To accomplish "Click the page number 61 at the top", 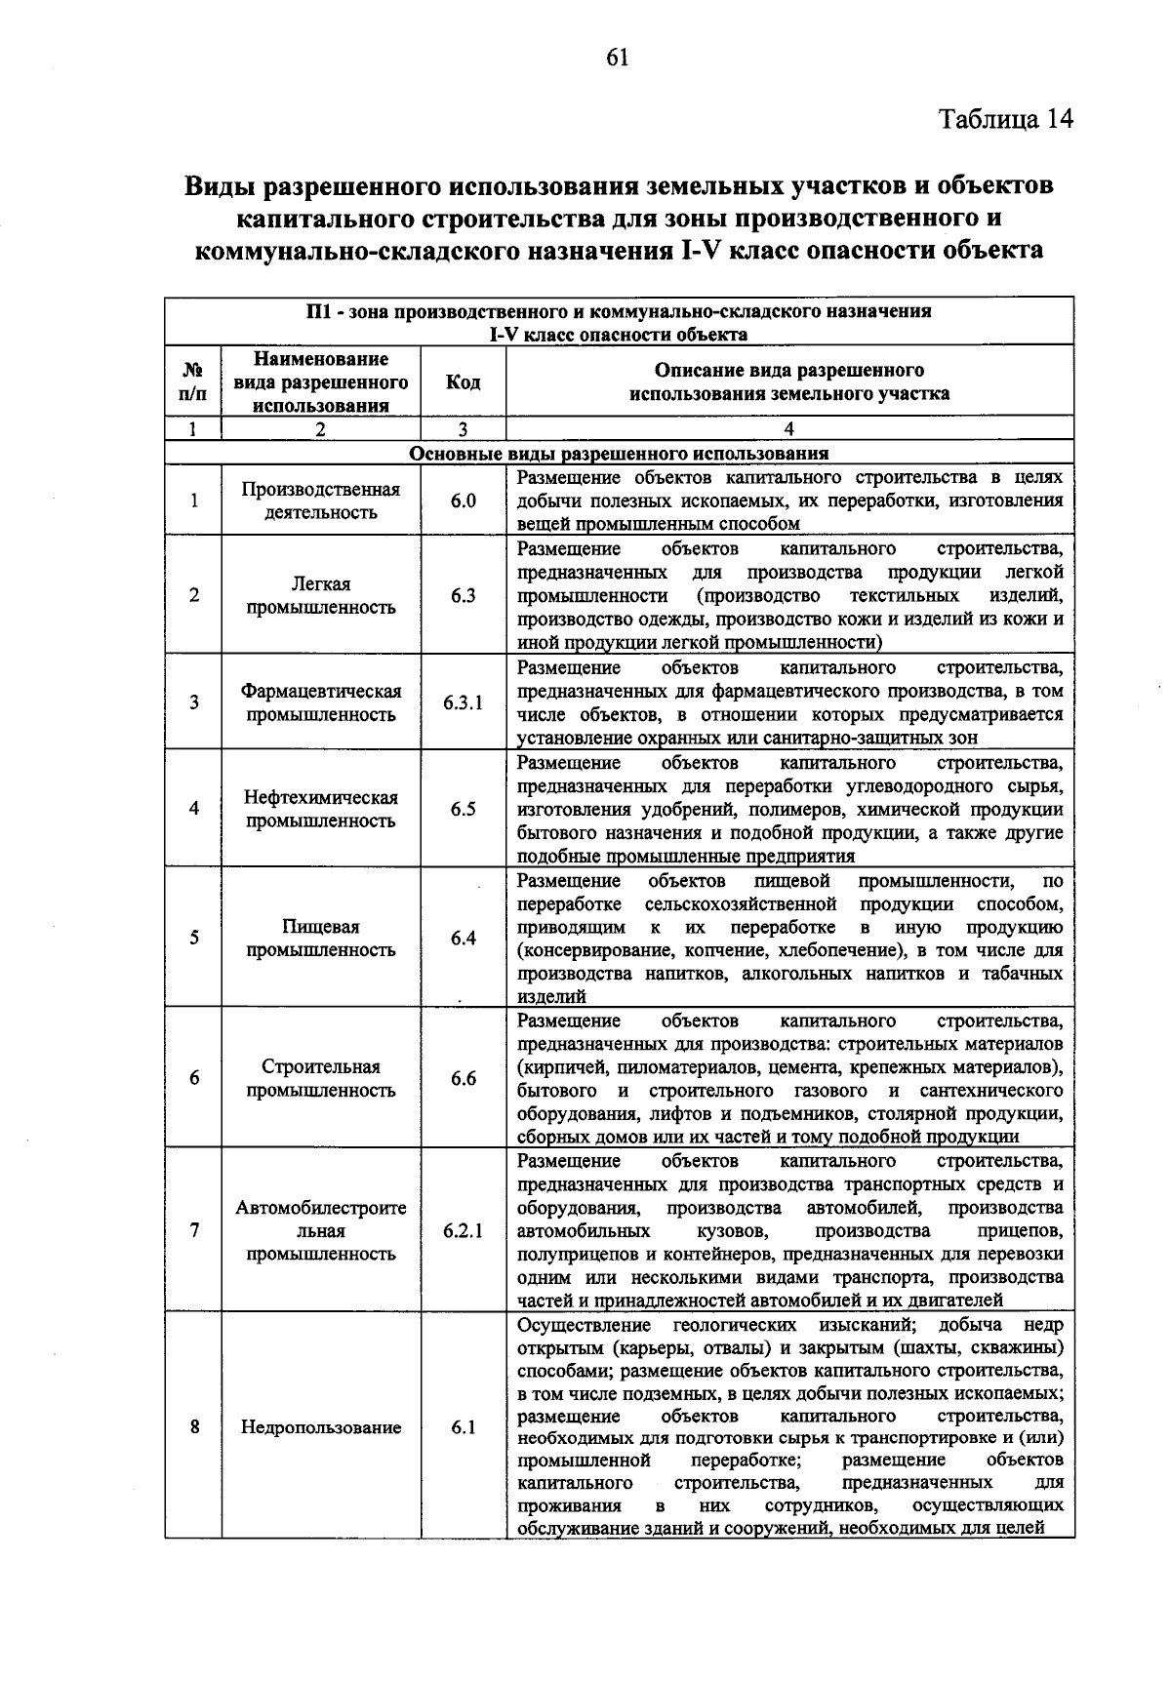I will pyautogui.click(x=617, y=58).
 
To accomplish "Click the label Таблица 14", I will pyautogui.click(x=1005, y=119).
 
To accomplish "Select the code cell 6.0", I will pyautogui.click(x=463, y=501).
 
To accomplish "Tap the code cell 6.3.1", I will pyautogui.click(x=463, y=702).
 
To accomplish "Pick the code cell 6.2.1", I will pyautogui.click(x=463, y=1231).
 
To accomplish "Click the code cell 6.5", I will pyautogui.click(x=463, y=809).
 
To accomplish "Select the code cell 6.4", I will pyautogui.click(x=463, y=938).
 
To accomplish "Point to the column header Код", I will pyautogui.click(x=463, y=382).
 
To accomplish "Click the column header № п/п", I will pyautogui.click(x=193, y=382).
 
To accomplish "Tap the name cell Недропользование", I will pyautogui.click(x=321, y=1427).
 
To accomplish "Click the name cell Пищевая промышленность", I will pyautogui.click(x=321, y=938).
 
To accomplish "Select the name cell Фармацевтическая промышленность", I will pyautogui.click(x=321, y=702).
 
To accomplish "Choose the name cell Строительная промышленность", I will pyautogui.click(x=321, y=1078).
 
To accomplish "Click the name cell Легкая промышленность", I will pyautogui.click(x=321, y=595).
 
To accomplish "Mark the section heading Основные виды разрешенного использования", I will pyautogui.click(x=619, y=454).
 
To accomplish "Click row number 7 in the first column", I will pyautogui.click(x=194, y=1231).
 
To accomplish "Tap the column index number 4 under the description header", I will pyautogui.click(x=788, y=429).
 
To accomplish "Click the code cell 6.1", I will pyautogui.click(x=463, y=1427).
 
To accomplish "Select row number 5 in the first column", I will pyautogui.click(x=194, y=938).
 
